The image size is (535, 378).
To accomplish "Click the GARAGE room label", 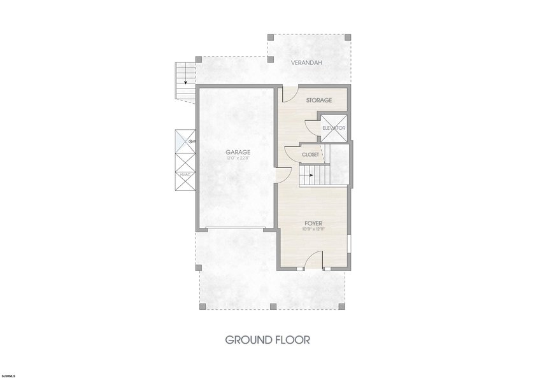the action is point(238,152).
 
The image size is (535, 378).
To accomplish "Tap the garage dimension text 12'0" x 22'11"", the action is point(238,158).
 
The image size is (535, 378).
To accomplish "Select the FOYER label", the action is point(313,223).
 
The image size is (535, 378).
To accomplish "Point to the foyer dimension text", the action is point(313,229).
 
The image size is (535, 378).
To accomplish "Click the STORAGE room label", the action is point(319,100).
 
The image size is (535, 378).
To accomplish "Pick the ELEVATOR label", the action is point(334,128).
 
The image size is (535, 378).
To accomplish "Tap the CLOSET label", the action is point(311,155).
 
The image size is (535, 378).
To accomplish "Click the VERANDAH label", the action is point(306,63).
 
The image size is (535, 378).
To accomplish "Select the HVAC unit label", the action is point(185,174).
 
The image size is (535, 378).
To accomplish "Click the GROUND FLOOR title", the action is point(267,340).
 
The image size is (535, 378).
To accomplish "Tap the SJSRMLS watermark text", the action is point(8,376).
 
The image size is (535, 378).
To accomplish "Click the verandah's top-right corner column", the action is point(348,37).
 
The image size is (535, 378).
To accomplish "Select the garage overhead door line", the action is point(235,228).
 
